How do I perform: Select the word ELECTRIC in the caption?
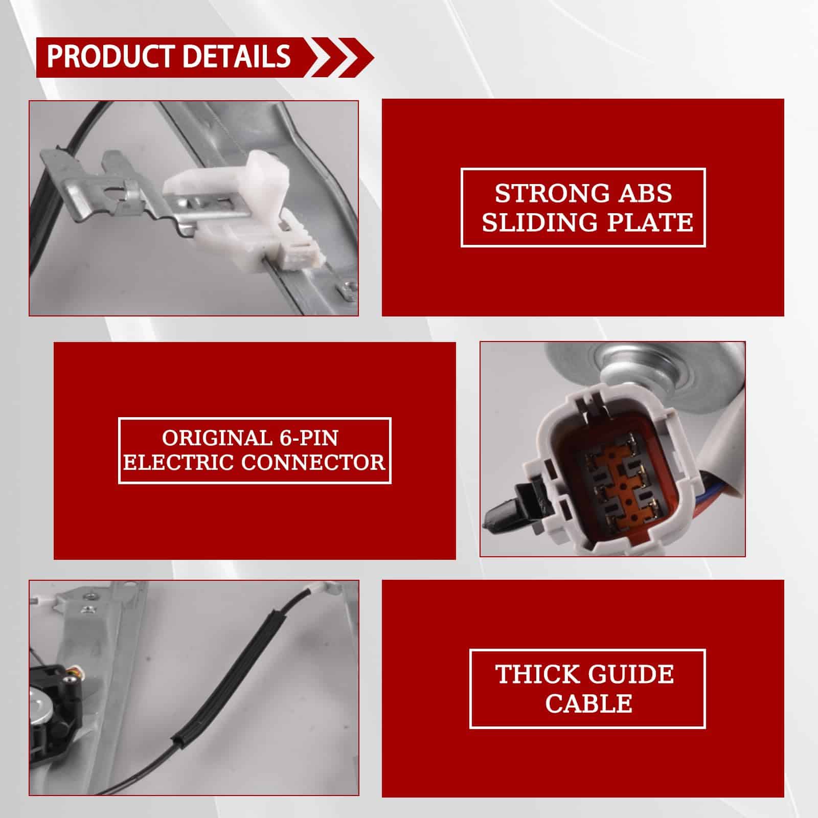point(179,463)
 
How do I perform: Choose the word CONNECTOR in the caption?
point(313,463)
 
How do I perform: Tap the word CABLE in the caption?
point(589,703)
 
